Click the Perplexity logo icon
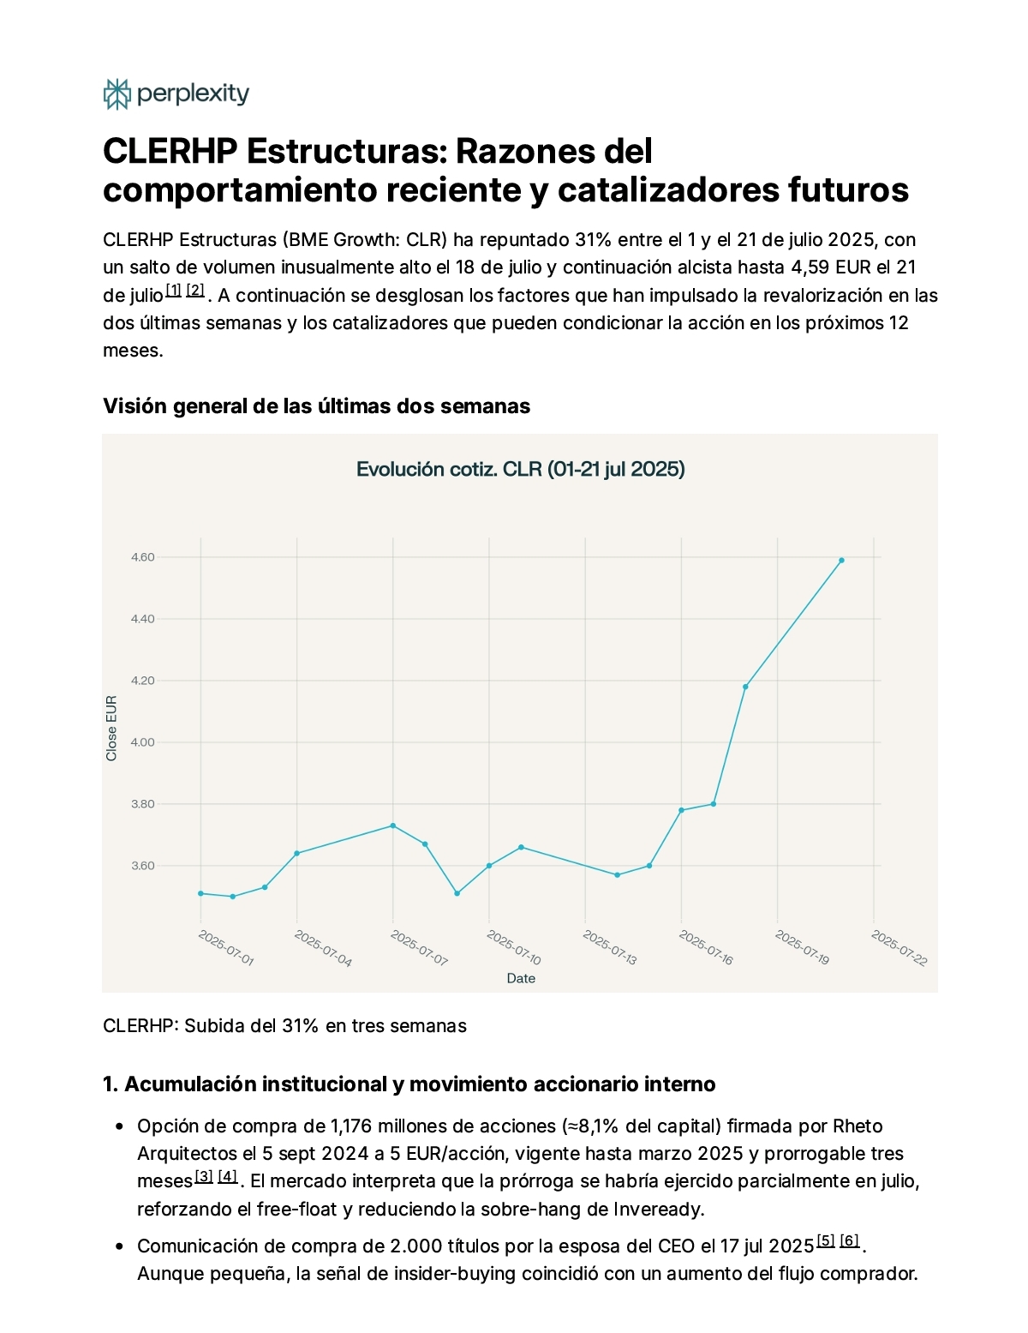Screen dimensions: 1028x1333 (x=117, y=93)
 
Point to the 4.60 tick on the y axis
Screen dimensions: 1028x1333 (x=142, y=557)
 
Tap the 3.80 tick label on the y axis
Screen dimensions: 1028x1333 (x=142, y=803)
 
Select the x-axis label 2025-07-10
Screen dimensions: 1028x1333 (x=514, y=948)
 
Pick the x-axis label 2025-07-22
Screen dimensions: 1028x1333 (x=899, y=948)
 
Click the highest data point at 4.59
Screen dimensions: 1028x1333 (x=841, y=560)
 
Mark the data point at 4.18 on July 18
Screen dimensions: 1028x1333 (x=745, y=687)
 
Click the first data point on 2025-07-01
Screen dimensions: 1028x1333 (x=200, y=893)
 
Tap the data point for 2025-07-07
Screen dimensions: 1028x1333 (x=393, y=825)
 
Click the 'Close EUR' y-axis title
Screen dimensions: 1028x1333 (x=111, y=728)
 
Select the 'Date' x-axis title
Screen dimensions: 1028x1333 (x=521, y=978)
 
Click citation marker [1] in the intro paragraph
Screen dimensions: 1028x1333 (x=174, y=290)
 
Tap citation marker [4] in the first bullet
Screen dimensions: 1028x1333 (x=227, y=1176)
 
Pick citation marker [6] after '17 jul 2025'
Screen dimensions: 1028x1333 (x=849, y=1240)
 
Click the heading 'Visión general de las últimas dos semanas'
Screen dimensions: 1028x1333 (x=316, y=406)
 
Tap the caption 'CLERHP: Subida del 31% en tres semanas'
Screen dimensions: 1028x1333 (x=284, y=1025)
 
